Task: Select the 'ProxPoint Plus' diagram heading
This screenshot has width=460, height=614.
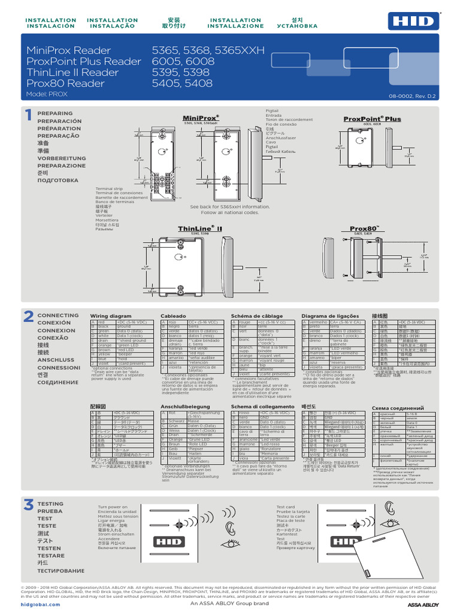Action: pos(372,119)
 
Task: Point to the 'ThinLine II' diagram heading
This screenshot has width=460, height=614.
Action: pos(200,228)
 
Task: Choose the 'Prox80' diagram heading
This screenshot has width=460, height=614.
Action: pos(365,228)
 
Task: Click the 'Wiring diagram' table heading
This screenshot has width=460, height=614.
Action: pos(110,315)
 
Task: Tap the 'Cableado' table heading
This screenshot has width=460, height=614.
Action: pos(173,315)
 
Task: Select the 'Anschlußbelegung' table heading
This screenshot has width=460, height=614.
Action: pos(181,407)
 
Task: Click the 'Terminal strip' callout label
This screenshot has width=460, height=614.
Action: pos(109,188)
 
